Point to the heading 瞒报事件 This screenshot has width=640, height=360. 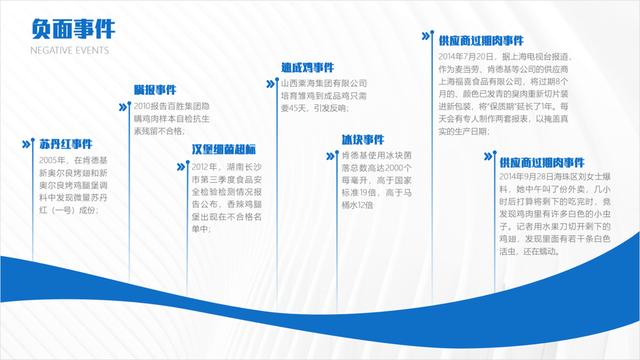click(154, 90)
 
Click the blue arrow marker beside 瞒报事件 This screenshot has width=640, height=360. click(124, 89)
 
